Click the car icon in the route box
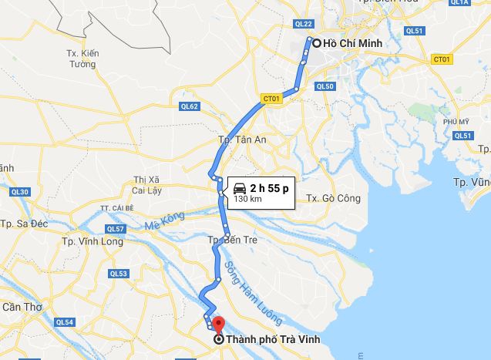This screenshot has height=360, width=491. click(239, 187)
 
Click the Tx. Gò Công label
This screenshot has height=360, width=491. click(333, 198)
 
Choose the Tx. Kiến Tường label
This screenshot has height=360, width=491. click(82, 59)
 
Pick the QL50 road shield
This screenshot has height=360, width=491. click(325, 86)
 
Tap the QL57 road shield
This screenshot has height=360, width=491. click(115, 229)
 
